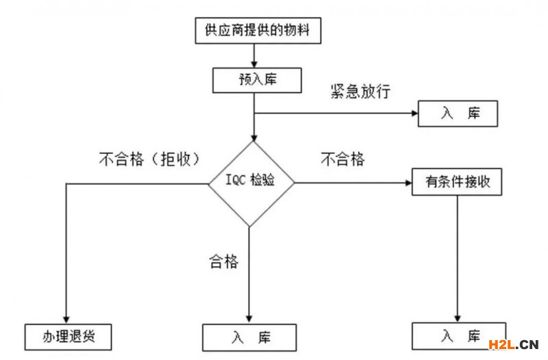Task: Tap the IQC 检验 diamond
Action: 251,183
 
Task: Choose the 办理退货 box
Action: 67,337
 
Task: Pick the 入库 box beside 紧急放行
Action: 457,114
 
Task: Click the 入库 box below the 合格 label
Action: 250,337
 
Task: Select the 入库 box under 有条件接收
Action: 458,335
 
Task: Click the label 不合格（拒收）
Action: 149,159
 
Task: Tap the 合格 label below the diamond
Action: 223,261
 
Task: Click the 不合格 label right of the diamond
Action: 342,159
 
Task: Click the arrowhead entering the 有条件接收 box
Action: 406,183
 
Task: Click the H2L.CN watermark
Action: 512,344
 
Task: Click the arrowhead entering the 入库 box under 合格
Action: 249,319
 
